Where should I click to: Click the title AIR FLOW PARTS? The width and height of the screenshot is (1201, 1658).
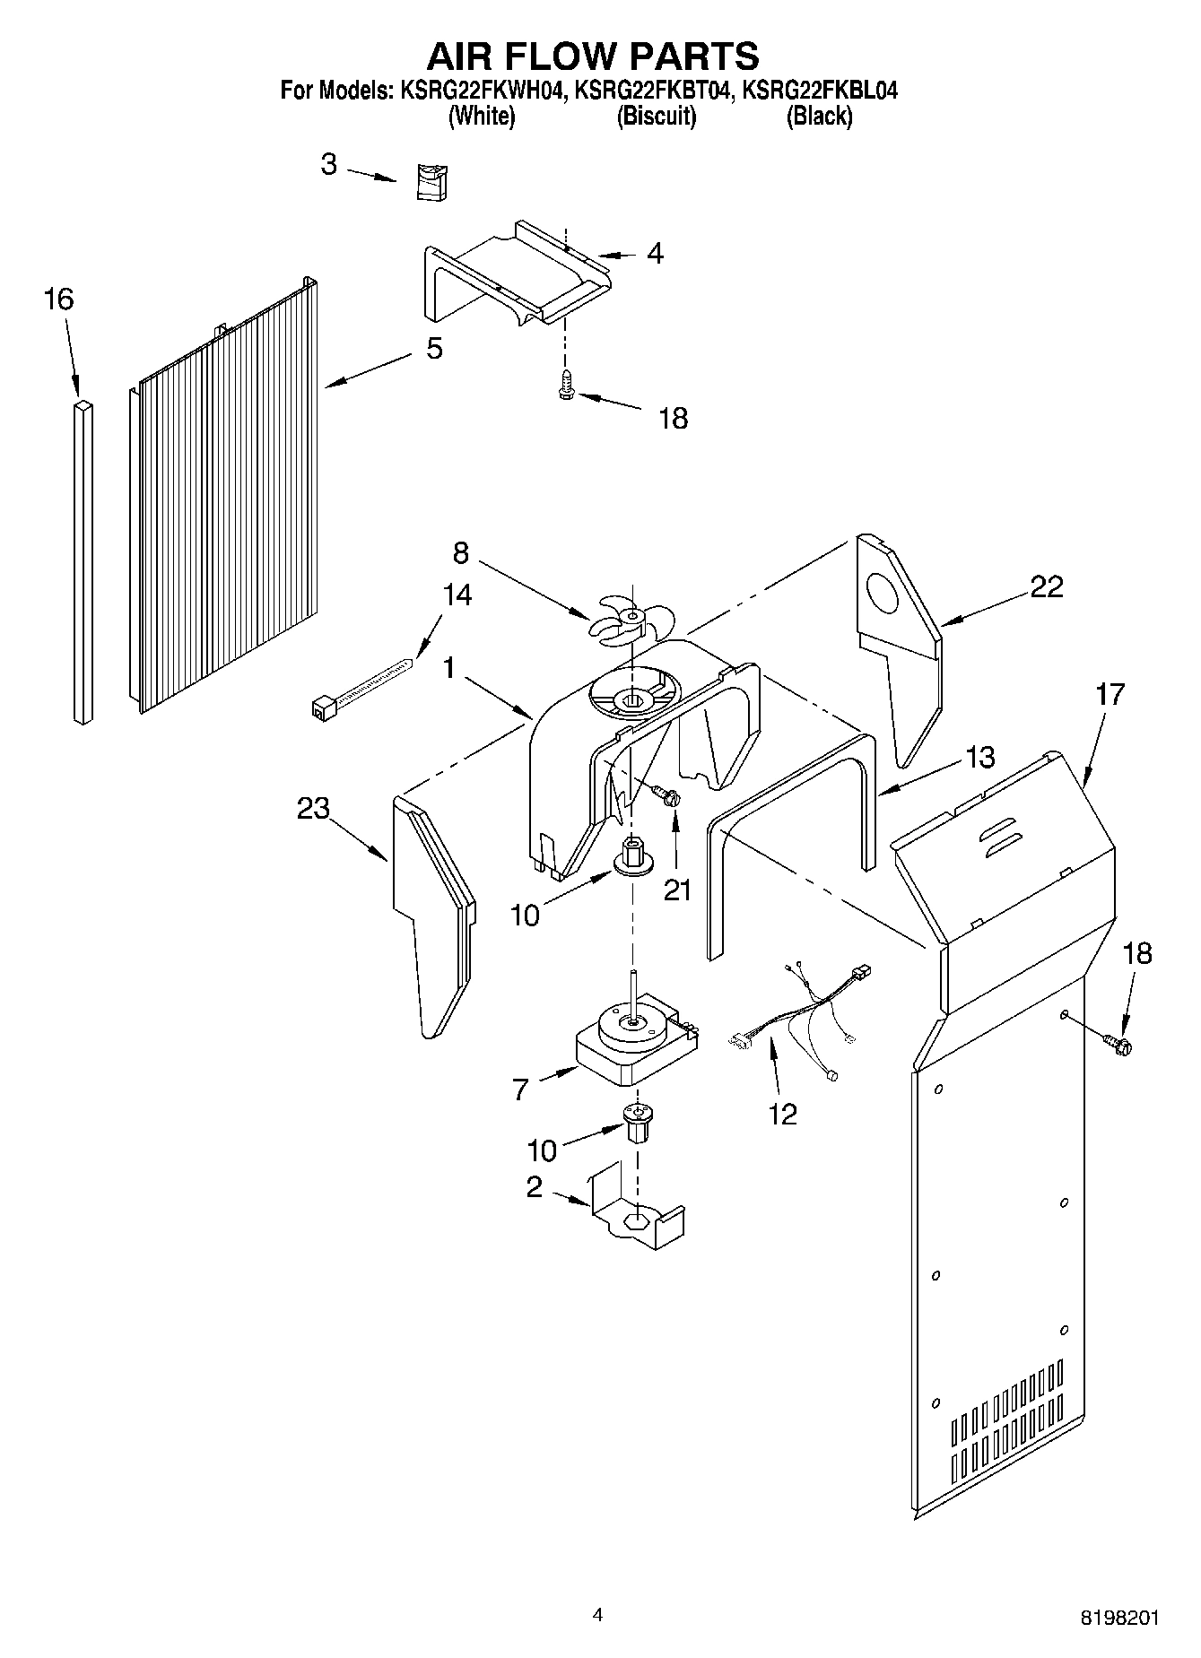[x=592, y=56]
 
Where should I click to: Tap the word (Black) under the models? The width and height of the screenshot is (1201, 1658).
[x=818, y=117]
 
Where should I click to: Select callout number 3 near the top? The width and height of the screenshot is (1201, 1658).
[x=329, y=164]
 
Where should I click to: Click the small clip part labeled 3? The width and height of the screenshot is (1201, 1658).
[x=432, y=183]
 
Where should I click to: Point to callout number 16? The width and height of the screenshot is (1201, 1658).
[x=58, y=299]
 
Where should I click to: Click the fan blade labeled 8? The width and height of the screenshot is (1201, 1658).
[x=627, y=619]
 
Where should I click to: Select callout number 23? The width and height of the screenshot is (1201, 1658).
[x=313, y=808]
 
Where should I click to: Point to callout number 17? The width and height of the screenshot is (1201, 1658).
[x=1110, y=694]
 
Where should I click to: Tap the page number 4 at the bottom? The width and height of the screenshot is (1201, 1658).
[x=598, y=1615]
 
